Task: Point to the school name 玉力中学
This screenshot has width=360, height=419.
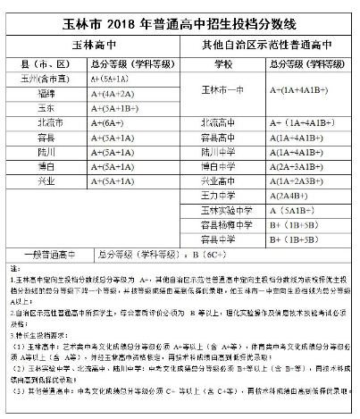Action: coord(223,195)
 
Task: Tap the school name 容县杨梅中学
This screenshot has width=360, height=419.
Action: coord(223,224)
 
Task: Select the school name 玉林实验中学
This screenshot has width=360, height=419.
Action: coord(223,210)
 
